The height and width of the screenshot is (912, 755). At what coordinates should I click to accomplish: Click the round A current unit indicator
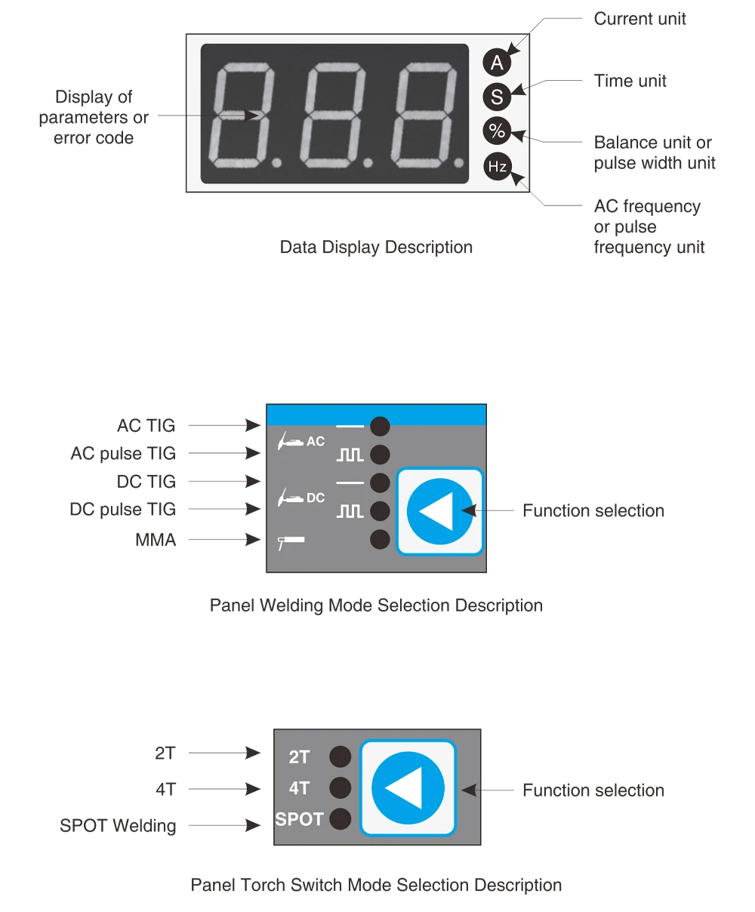(x=497, y=62)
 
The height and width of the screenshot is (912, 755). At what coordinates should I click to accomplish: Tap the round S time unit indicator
(x=497, y=97)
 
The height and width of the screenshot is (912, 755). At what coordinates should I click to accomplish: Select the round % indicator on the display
(x=497, y=131)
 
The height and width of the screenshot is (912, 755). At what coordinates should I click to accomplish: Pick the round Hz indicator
(x=497, y=166)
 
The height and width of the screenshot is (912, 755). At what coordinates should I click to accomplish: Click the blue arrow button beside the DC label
(x=440, y=511)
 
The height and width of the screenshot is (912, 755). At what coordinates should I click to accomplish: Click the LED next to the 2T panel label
(x=341, y=756)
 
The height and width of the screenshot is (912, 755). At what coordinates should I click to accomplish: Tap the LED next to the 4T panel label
(x=341, y=788)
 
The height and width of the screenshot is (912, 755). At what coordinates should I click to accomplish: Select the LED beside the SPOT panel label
(x=341, y=819)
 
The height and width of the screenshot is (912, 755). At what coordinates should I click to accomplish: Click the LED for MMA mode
(x=380, y=540)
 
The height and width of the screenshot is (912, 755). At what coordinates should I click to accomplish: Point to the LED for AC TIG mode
(x=380, y=427)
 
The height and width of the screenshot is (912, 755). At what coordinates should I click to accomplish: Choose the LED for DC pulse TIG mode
(x=380, y=511)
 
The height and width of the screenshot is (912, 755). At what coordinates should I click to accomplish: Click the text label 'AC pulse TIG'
(x=123, y=454)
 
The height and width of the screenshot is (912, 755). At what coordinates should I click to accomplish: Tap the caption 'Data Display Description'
(x=376, y=248)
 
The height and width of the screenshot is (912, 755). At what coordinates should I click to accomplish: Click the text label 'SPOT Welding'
(x=118, y=826)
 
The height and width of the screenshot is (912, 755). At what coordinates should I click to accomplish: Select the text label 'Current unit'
(x=639, y=20)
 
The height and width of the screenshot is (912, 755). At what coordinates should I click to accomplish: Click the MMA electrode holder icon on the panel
(x=291, y=541)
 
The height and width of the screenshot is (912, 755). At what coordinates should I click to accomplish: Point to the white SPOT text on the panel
(x=299, y=819)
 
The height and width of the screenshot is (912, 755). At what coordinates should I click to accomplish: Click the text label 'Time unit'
(x=630, y=82)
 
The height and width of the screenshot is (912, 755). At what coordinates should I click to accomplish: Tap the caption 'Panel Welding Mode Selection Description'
(x=376, y=605)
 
